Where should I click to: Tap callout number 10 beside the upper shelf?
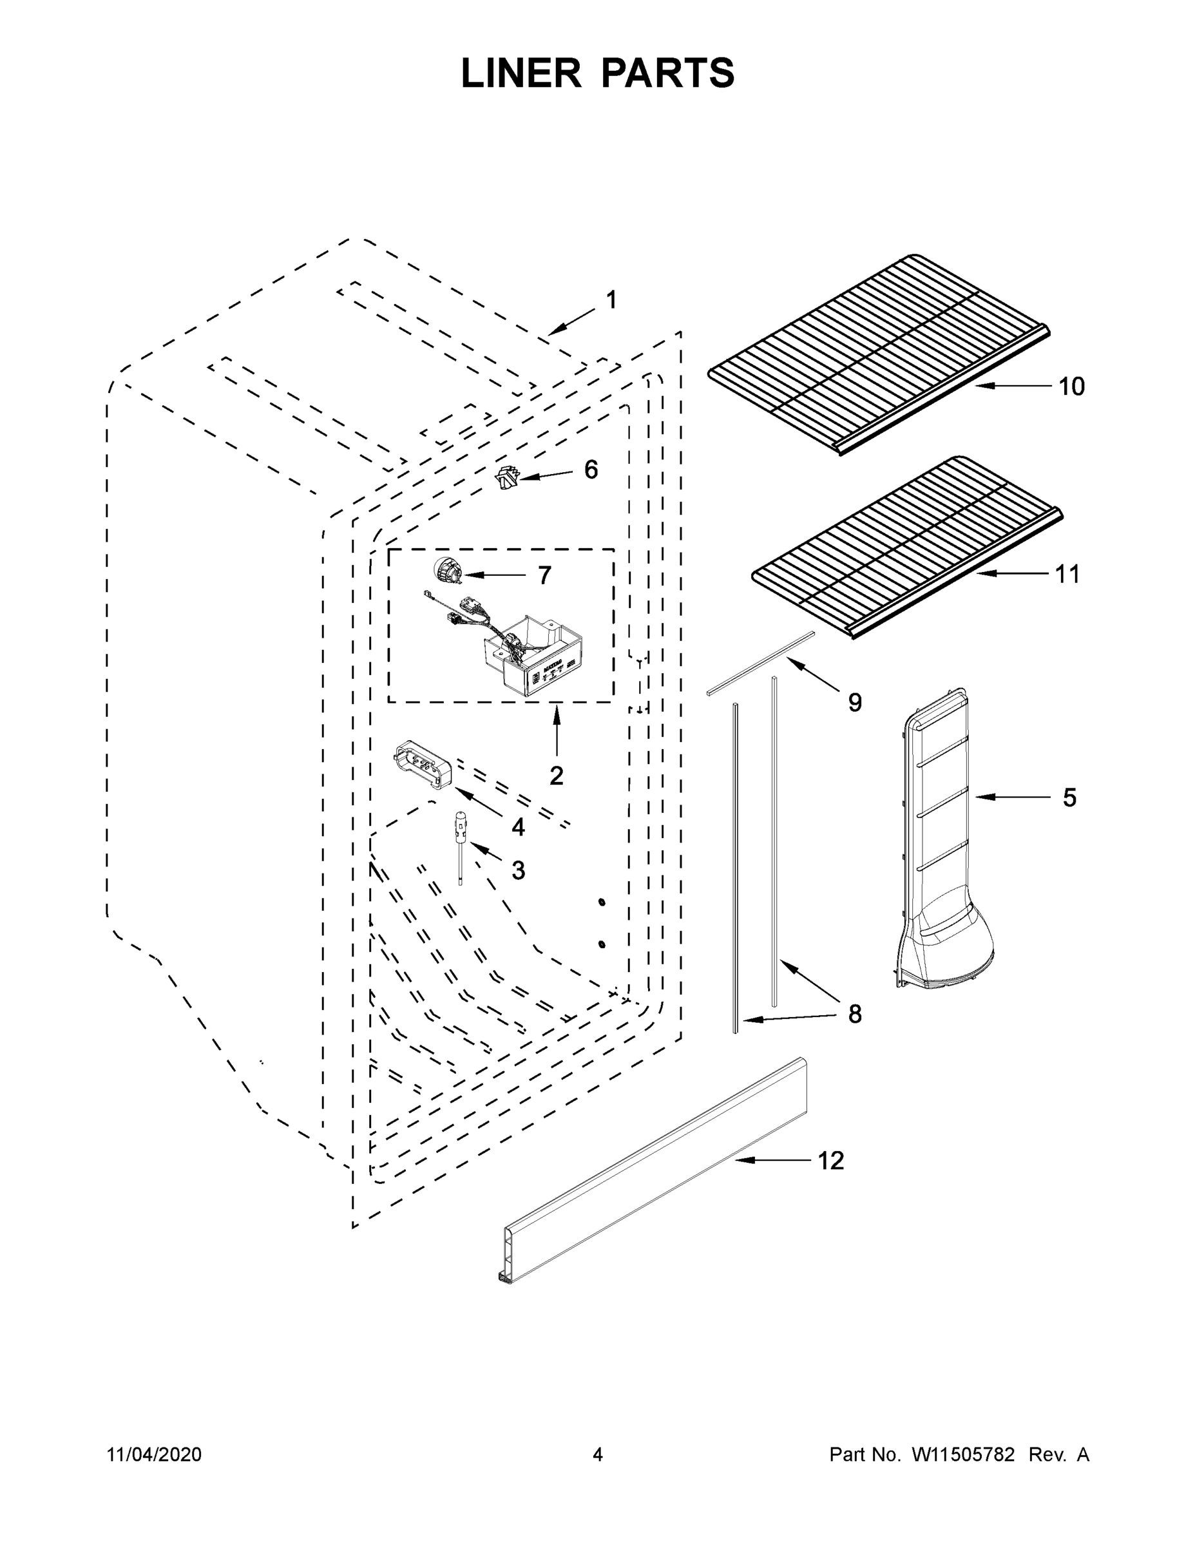pyautogui.click(x=1071, y=386)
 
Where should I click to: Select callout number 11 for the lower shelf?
pyautogui.click(x=1067, y=574)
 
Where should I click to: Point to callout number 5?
pyautogui.click(x=1069, y=797)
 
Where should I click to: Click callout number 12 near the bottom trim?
pyautogui.click(x=831, y=1161)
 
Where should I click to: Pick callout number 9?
pyautogui.click(x=854, y=702)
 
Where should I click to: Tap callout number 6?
pyautogui.click(x=591, y=470)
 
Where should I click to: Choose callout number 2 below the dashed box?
pyautogui.click(x=557, y=776)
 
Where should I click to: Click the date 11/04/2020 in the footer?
pyautogui.click(x=155, y=1455)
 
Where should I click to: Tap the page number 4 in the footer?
pyautogui.click(x=598, y=1455)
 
